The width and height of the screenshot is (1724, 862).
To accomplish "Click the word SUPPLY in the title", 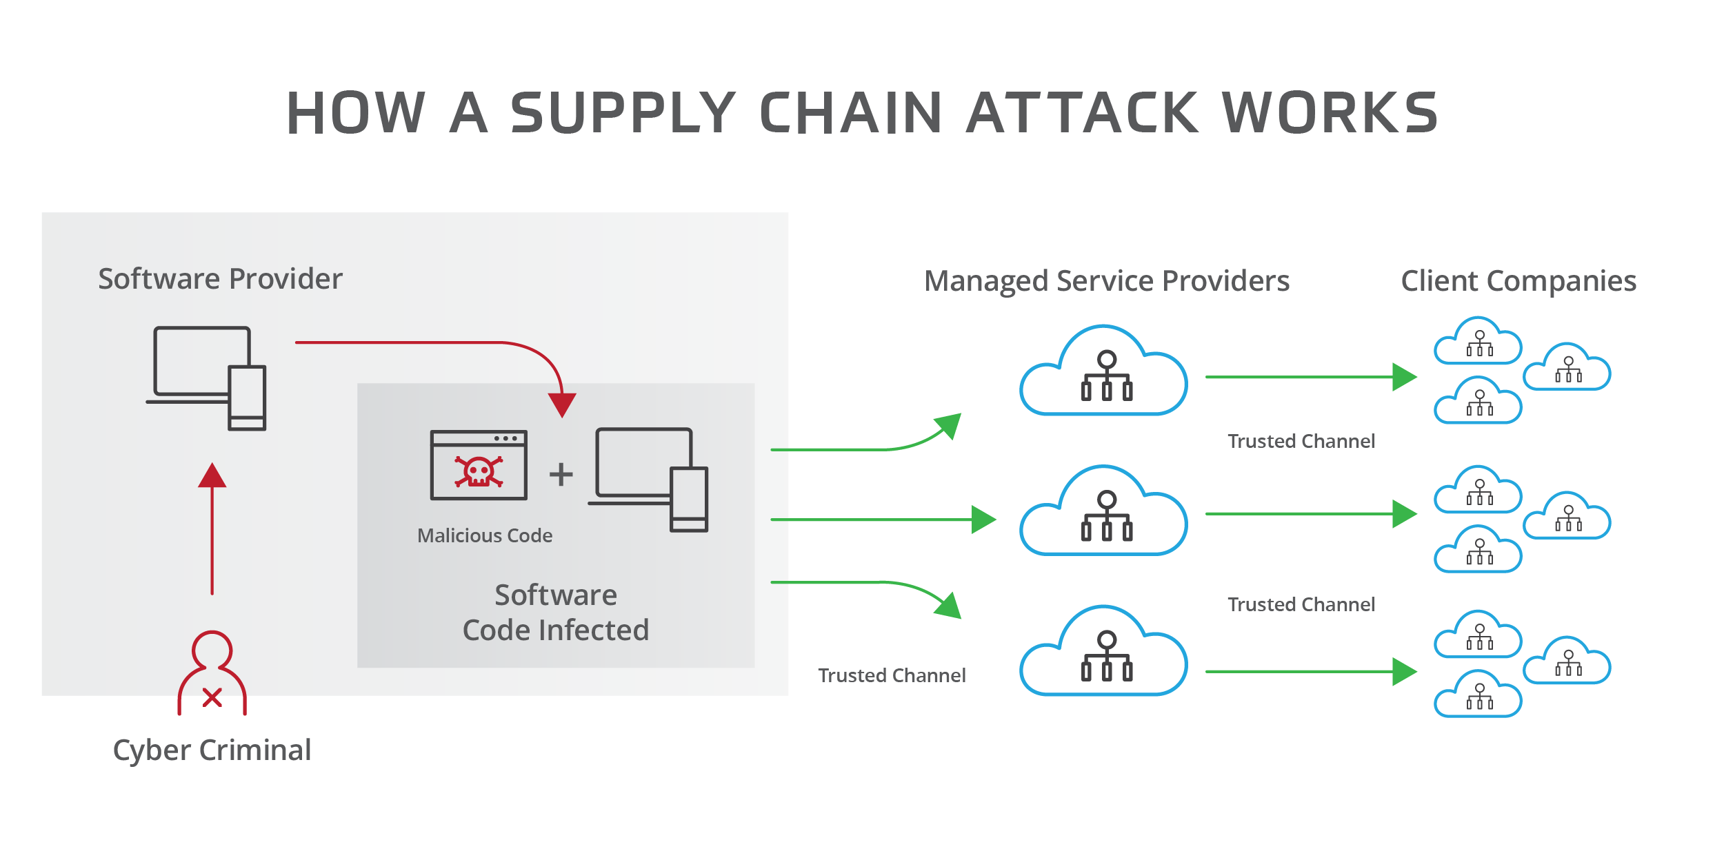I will (623, 113).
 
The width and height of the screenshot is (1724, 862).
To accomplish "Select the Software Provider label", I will (220, 279).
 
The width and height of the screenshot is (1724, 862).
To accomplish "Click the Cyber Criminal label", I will (212, 750).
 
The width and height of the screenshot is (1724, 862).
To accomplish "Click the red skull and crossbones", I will (479, 472).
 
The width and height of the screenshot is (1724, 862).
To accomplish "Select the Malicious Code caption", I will (485, 535).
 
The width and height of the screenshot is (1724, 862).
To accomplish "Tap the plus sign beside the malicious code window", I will (561, 474).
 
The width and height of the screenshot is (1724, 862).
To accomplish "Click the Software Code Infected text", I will (556, 613).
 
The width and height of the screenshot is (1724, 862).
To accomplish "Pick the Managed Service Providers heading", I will (1107, 281).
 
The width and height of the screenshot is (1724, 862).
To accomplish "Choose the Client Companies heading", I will (1518, 281).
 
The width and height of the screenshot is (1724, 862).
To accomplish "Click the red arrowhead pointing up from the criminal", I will (212, 475).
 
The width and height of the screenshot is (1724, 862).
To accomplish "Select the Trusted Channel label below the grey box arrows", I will (892, 675).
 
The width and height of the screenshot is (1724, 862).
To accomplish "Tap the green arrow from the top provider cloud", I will (1310, 377).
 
